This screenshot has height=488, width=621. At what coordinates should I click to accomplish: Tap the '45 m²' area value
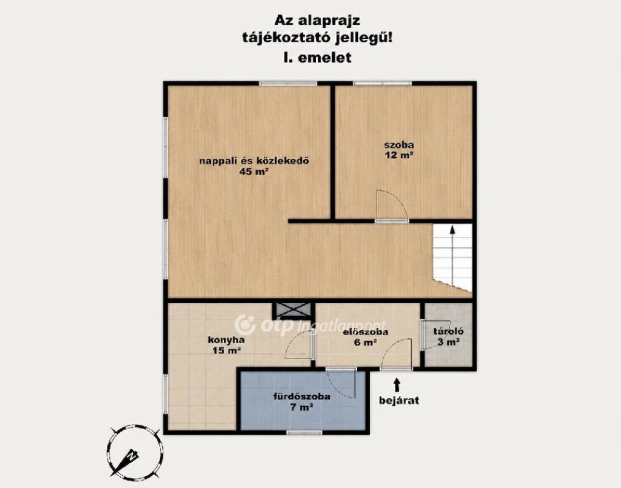[x=254, y=172]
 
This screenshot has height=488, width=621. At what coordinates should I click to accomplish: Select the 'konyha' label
[x=226, y=339]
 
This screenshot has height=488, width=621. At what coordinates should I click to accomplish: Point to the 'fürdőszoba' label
[x=302, y=396]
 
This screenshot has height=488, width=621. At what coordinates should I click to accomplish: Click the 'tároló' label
[x=448, y=332]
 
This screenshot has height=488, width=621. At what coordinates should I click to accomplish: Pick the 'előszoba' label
[x=366, y=332]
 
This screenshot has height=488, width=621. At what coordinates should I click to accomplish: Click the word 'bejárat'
[x=399, y=400]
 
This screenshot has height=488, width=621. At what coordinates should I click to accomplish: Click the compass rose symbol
[x=134, y=451]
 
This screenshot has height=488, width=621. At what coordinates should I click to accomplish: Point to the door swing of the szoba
[x=391, y=204]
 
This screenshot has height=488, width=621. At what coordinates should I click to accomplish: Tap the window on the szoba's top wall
[x=382, y=84]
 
